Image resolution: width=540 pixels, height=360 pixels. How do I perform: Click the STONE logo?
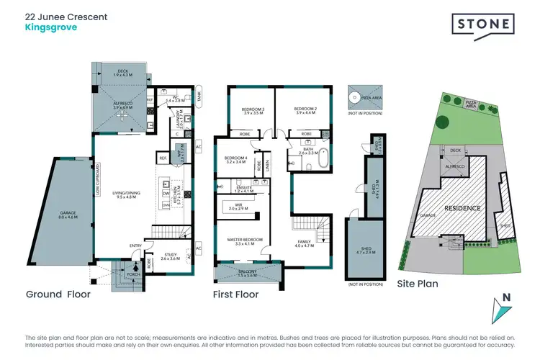pos(482,24)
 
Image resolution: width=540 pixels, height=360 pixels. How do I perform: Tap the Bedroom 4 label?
pos(236,161)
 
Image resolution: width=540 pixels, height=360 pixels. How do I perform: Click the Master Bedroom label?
pos(245,240)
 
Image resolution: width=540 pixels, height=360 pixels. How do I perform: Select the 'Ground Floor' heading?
pos(57,294)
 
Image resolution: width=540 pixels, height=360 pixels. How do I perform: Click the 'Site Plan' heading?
pos(418,284)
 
